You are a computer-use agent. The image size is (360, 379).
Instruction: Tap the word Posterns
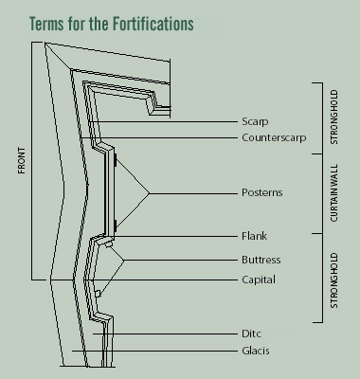[261, 193]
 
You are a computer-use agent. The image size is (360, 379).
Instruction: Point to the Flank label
[253, 235]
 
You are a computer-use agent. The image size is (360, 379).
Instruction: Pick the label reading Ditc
[251, 334]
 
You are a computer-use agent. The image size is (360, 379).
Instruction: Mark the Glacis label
[254, 352]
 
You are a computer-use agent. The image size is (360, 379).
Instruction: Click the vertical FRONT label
[21, 162]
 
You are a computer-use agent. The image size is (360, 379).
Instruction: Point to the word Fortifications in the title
[165, 21]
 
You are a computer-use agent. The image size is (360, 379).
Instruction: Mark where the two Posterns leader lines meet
[148, 193]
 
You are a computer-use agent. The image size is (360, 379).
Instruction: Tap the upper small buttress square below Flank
[109, 245]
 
